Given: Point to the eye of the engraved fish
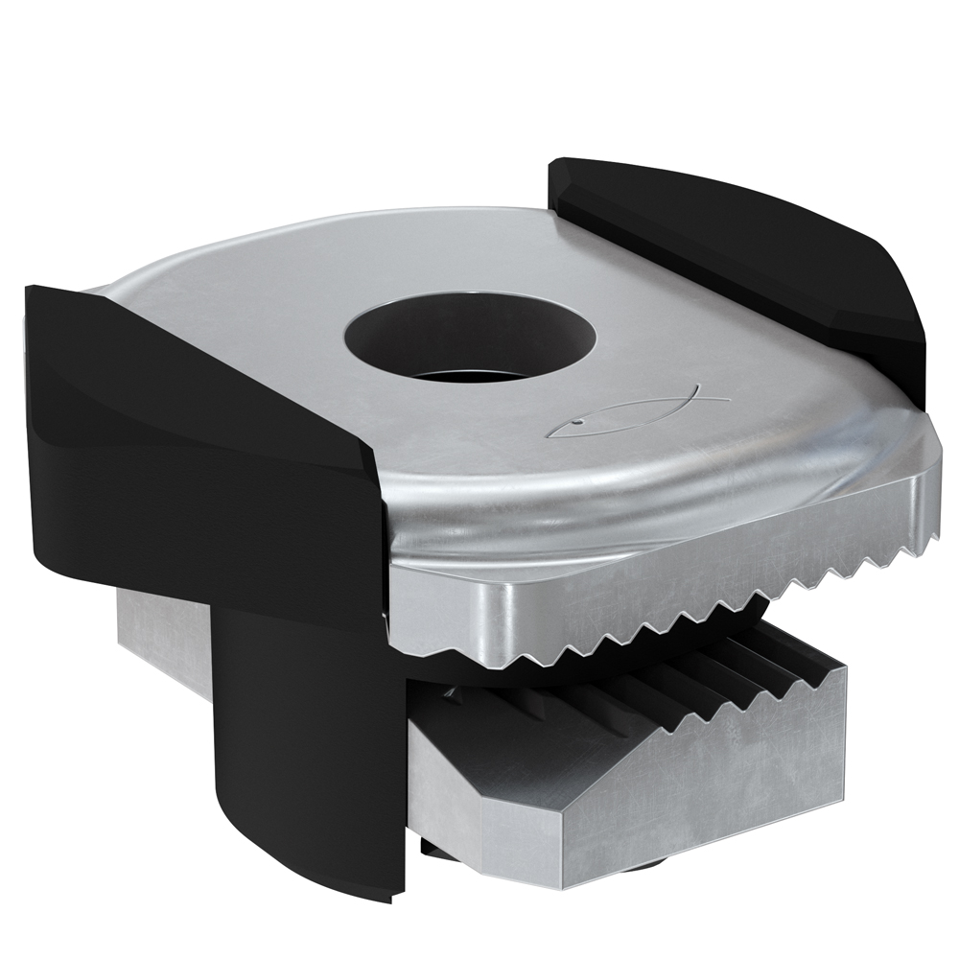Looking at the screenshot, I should (x=578, y=420).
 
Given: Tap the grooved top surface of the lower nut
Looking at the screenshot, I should (x=671, y=690).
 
